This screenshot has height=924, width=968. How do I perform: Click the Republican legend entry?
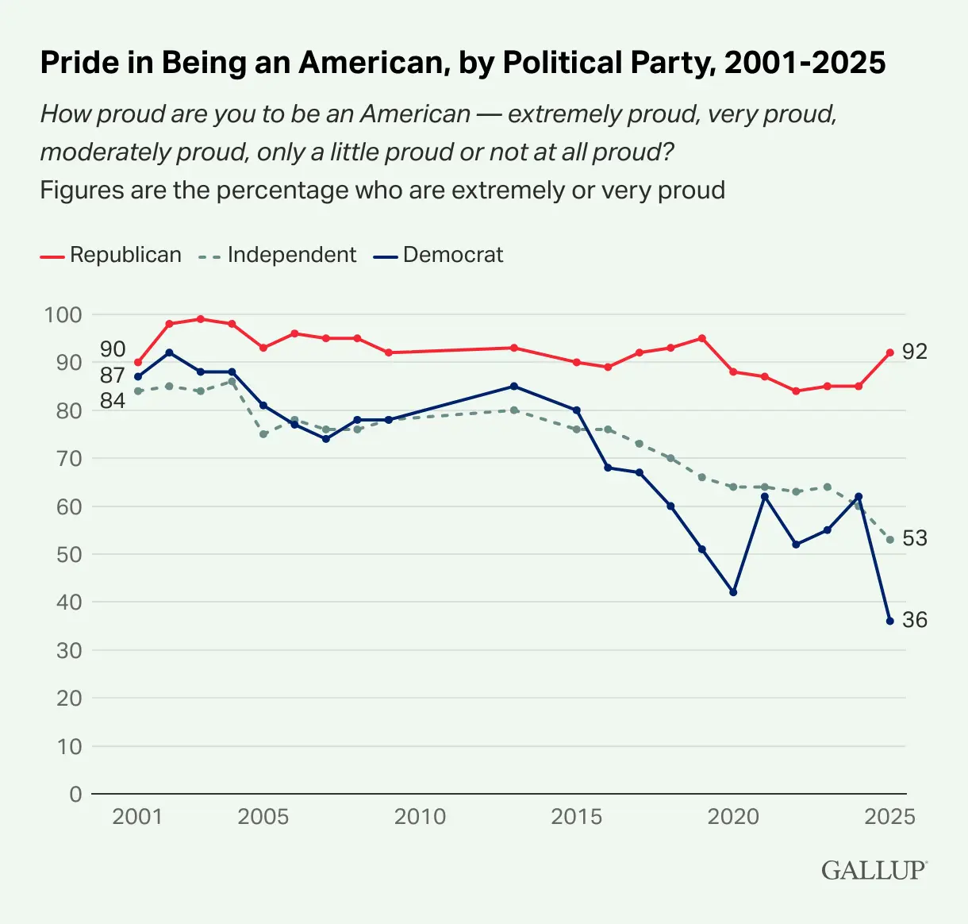tap(111, 255)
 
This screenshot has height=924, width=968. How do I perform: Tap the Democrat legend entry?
tap(439, 255)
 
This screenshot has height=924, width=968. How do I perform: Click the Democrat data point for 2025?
tap(889, 621)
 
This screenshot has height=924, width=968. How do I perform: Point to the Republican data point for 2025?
tap(889, 352)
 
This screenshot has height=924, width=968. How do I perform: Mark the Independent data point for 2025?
tap(889, 540)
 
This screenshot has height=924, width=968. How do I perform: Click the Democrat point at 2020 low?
tap(733, 592)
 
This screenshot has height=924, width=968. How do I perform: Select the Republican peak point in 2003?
tap(200, 319)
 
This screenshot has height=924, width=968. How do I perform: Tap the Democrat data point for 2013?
tap(513, 386)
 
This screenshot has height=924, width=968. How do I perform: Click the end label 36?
tap(915, 620)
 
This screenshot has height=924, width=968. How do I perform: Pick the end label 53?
tap(915, 538)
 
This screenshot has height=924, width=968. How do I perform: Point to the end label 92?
tap(915, 352)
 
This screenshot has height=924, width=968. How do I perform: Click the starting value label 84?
tap(113, 401)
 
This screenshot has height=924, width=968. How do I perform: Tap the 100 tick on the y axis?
tap(63, 314)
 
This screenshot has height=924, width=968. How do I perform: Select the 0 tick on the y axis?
tap(75, 794)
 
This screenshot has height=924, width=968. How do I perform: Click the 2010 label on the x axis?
tap(420, 817)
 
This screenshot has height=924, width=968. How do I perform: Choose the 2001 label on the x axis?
tap(137, 817)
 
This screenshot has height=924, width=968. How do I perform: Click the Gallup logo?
tap(874, 870)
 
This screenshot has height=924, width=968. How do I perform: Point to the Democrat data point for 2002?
tap(169, 352)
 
